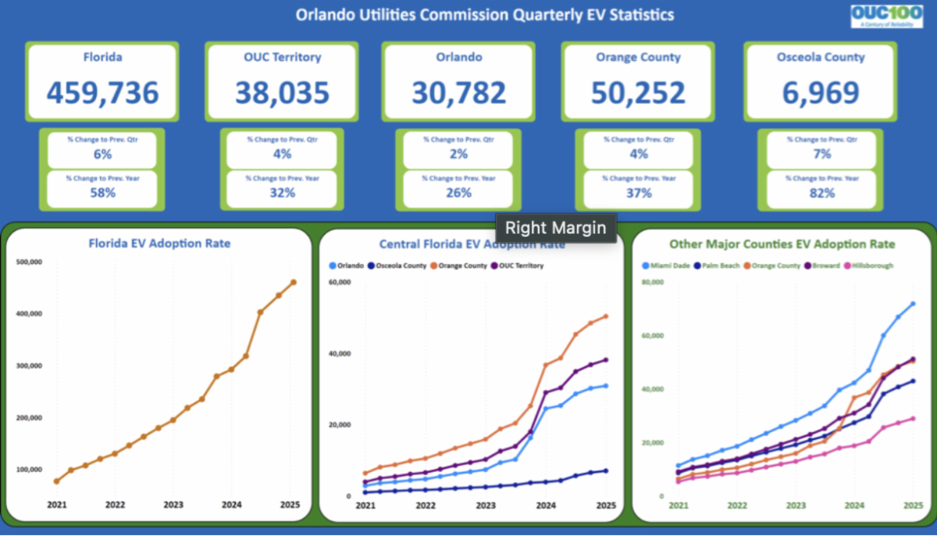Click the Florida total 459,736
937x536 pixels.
tap(102, 93)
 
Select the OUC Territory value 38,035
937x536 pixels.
tap(282, 93)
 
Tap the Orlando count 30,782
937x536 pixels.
tap(459, 93)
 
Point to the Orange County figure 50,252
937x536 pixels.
tap(638, 93)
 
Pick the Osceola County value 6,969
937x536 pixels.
tap(821, 93)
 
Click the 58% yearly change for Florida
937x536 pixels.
tap(102, 193)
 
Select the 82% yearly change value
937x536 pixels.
tap(822, 193)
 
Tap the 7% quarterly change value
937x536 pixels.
tap(822, 154)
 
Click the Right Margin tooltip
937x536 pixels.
tap(557, 229)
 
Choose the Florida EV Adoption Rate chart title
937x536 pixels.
tap(159, 244)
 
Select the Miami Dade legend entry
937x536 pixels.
tap(666, 266)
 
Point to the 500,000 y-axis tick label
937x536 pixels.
tap(29, 263)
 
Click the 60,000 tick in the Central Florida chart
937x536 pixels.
tap(340, 281)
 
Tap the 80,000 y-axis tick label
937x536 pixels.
tap(652, 282)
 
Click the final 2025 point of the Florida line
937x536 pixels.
tap(293, 282)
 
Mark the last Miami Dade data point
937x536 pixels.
tap(913, 304)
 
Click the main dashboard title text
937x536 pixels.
tap(484, 15)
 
